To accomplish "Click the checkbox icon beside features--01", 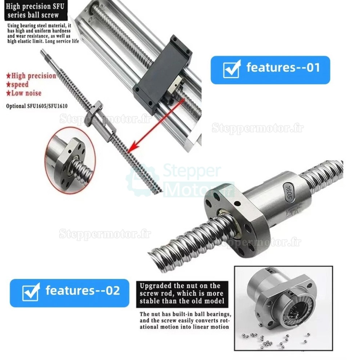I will click(x=232, y=69).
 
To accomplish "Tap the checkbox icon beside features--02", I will click(x=31, y=292).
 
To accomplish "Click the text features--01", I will click(x=283, y=68).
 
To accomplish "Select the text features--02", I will click(x=83, y=291).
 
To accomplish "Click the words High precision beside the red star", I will click(x=33, y=76).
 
